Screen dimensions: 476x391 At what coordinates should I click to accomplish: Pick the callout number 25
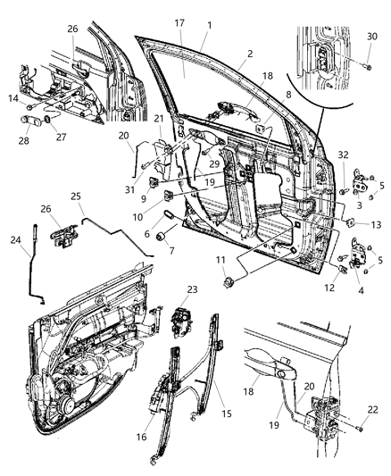[x=77, y=195]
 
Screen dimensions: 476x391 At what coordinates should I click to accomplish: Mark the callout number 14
[x=12, y=97]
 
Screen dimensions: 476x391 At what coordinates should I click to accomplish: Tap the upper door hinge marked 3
[x=361, y=183]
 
